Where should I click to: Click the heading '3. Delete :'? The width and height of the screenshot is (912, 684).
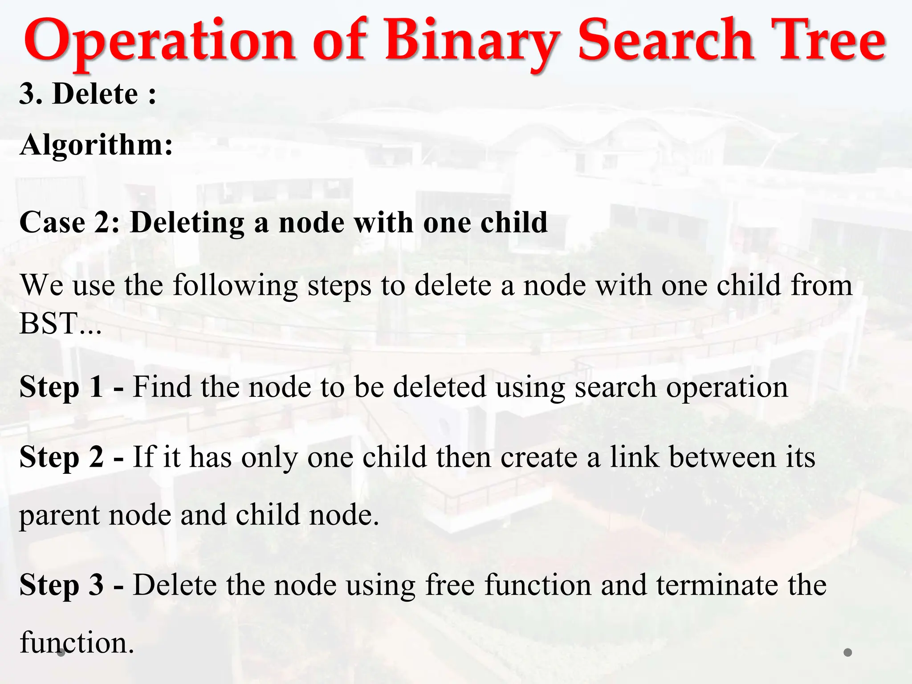point(88,94)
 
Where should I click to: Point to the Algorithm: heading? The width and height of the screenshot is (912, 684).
point(96,145)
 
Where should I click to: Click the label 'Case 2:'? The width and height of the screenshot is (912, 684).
point(69,222)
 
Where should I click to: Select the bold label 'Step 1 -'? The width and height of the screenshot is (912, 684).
point(71,387)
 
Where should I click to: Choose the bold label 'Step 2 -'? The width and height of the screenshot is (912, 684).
point(71,457)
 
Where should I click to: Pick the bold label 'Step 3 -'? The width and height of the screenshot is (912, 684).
point(71,585)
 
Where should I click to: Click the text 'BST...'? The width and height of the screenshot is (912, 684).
point(61,323)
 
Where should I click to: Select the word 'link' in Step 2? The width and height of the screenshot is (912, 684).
point(634,457)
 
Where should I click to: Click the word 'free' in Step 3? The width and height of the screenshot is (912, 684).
point(450,585)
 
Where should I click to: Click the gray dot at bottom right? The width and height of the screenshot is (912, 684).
point(848,652)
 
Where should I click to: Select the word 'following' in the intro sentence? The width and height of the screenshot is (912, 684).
point(235,285)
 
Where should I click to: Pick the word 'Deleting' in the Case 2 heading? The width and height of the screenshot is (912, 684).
point(187,222)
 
